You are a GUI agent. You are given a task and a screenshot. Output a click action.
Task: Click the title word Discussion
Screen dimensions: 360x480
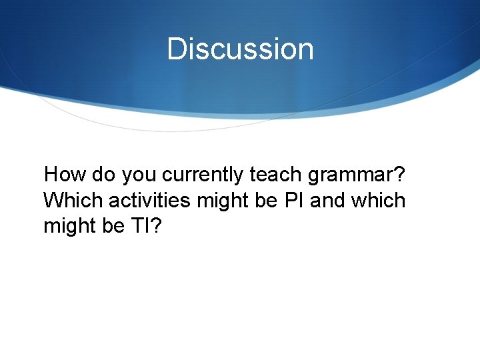click(x=240, y=49)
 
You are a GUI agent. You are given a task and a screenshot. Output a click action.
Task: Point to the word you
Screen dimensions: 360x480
click(x=140, y=176)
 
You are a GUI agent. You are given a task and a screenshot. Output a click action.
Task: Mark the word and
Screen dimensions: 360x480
click(x=327, y=200)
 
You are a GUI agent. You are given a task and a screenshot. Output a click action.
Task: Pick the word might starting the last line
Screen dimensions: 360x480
click(x=71, y=227)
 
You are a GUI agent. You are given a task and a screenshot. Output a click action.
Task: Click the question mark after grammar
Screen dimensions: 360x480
click(x=399, y=175)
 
